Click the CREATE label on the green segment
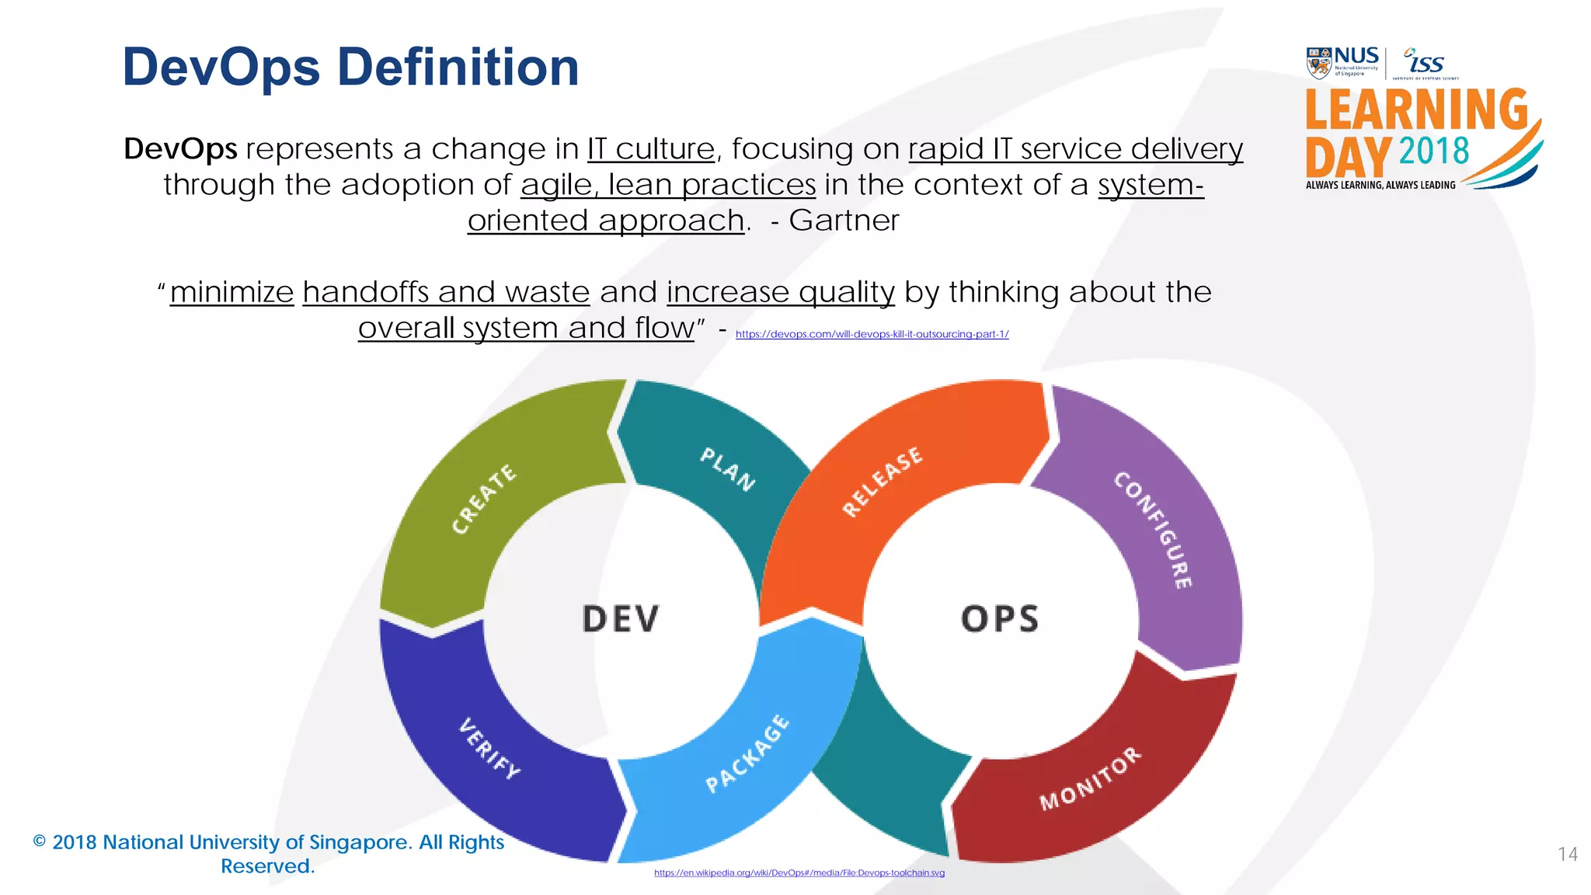click(x=484, y=499)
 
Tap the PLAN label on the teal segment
click(x=727, y=468)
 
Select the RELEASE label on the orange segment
click(x=883, y=481)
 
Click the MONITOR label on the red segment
click(x=1091, y=778)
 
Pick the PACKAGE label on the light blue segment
click(x=747, y=754)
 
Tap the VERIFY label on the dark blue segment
click(x=489, y=748)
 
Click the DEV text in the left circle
click(x=621, y=619)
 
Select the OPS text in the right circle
click(x=1000, y=619)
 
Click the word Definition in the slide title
click(x=458, y=68)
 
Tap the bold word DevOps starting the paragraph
click(x=180, y=148)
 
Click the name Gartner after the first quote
click(x=844, y=221)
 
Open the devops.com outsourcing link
click(x=872, y=334)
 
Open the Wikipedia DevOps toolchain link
click(x=799, y=872)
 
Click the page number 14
click(x=1567, y=855)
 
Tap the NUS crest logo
click(x=1318, y=63)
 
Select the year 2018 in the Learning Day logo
click(x=1433, y=151)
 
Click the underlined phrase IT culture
click(x=650, y=148)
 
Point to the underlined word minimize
click(x=232, y=292)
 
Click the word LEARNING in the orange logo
click(x=1416, y=110)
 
